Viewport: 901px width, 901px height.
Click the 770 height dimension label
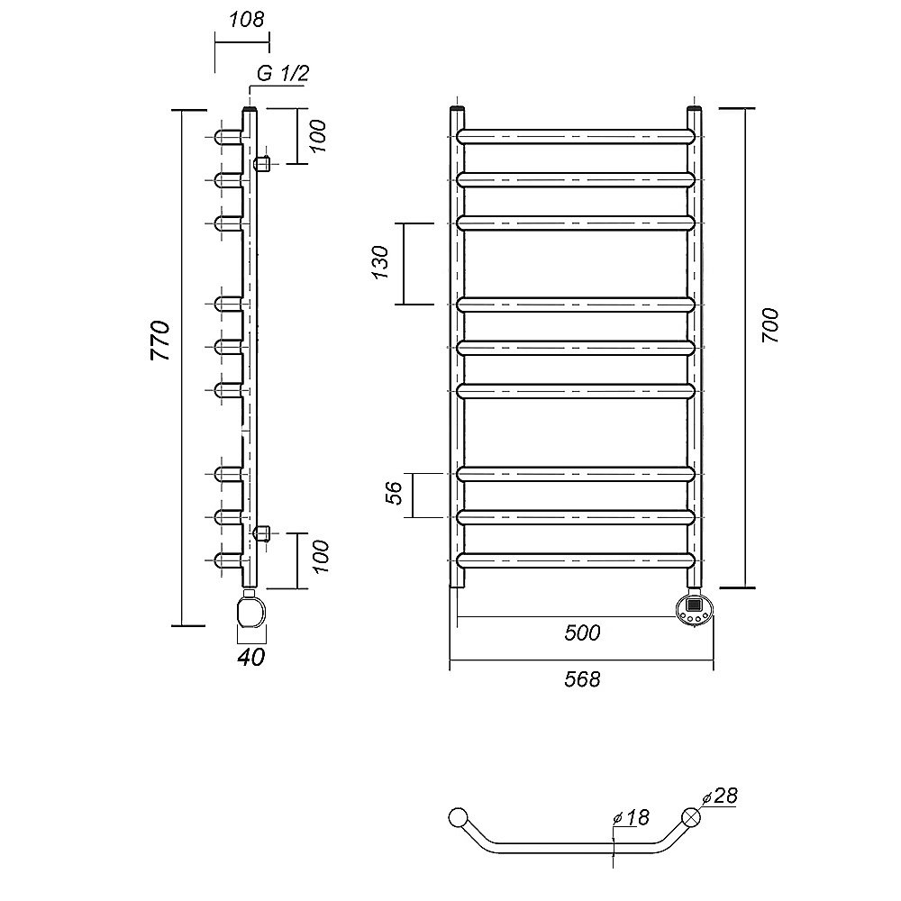[x=160, y=341]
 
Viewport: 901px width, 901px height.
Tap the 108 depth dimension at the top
[x=247, y=20]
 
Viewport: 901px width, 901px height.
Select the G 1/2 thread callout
[x=283, y=74]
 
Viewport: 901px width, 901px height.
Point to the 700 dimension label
[x=770, y=325]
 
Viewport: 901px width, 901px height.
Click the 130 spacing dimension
[x=381, y=262]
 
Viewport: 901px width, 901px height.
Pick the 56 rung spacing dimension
[x=395, y=493]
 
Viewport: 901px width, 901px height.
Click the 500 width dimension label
[x=582, y=633]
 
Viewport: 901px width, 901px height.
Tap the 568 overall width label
[x=582, y=679]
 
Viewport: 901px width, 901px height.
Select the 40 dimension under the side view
[x=251, y=657]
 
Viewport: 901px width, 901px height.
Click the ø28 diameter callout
[x=719, y=796]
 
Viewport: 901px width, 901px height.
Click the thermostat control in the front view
[x=694, y=610]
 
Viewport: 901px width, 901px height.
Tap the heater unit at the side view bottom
[x=251, y=612]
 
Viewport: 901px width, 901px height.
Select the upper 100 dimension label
[x=320, y=136]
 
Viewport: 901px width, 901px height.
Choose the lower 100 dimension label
[x=320, y=556]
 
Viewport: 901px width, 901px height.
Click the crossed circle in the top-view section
[x=691, y=817]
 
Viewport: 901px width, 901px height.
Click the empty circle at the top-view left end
[x=458, y=817]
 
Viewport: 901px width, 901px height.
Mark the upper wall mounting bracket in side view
[x=262, y=164]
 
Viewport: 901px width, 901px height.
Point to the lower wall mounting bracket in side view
[x=262, y=533]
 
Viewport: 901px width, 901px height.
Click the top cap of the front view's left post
[x=457, y=107]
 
